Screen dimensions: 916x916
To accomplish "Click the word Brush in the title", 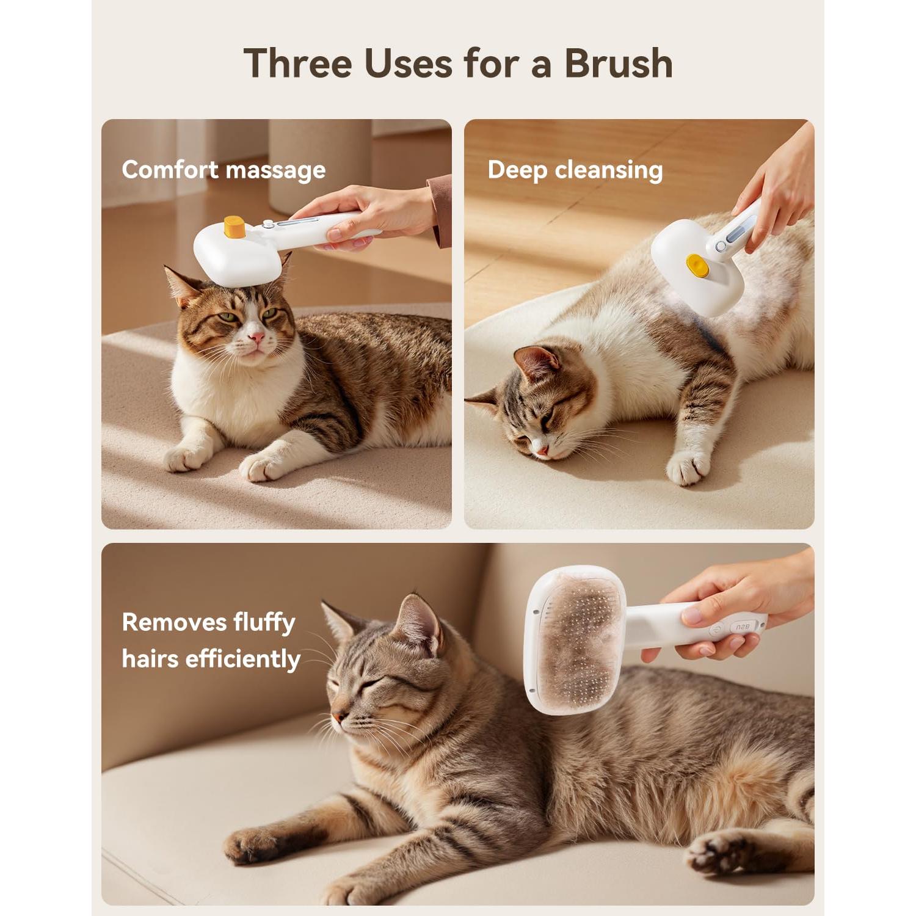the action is (x=618, y=63).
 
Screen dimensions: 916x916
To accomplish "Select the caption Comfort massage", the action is (x=224, y=170).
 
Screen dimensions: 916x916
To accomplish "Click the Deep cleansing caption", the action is (x=575, y=170).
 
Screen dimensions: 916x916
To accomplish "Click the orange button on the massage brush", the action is (x=234, y=227).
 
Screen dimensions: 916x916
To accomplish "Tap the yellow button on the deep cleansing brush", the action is (x=697, y=265).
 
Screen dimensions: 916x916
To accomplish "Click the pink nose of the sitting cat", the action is (x=257, y=336).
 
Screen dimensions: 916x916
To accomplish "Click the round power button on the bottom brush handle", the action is (x=717, y=630).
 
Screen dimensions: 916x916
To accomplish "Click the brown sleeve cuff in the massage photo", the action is (x=440, y=211).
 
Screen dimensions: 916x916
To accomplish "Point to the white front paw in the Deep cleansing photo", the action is (x=689, y=467).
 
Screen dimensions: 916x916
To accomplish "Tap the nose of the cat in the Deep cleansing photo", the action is (x=541, y=450).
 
